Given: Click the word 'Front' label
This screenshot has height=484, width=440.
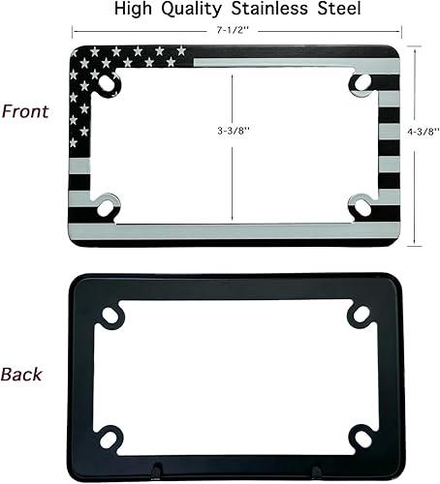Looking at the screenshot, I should click(x=26, y=111).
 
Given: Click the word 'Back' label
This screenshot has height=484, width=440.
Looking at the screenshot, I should click(x=22, y=374).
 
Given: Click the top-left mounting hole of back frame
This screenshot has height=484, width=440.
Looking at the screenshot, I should click(x=109, y=314).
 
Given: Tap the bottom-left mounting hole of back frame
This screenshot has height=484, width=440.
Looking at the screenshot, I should click(x=109, y=438).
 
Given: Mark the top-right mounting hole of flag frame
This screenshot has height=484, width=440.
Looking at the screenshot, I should click(x=362, y=83).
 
